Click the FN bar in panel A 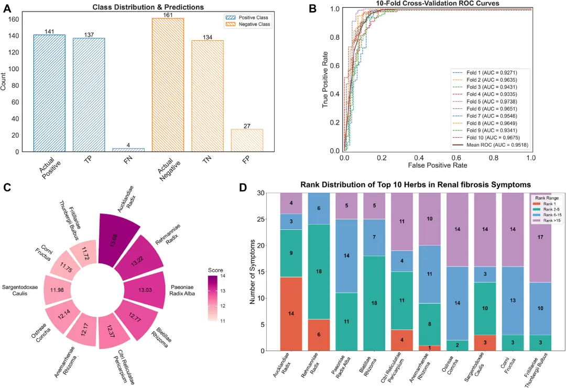[128, 150]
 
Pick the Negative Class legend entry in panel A [246, 24]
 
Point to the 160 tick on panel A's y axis [14, 19]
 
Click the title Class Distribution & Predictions [148, 7]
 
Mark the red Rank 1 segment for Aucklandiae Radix [292, 313]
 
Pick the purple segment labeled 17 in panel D [540, 237]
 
